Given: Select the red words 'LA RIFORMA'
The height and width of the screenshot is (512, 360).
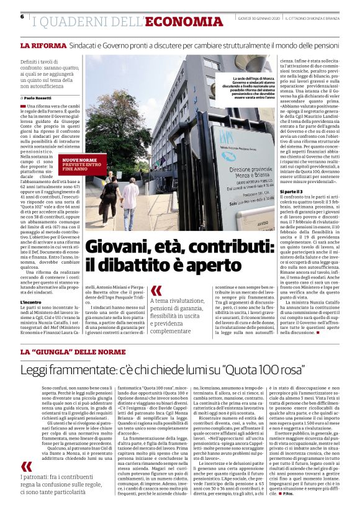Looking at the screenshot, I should point(41,46).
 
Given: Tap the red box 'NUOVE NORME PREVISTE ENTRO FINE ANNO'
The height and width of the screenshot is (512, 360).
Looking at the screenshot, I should point(79,164).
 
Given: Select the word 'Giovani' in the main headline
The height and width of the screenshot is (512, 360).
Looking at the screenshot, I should point(117,249).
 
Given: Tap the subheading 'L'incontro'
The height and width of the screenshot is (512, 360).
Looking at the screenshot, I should point(31,302).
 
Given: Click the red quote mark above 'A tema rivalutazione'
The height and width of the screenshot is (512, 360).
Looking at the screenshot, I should point(156,290).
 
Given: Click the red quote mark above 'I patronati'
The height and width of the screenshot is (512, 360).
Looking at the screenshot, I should point(26,467).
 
